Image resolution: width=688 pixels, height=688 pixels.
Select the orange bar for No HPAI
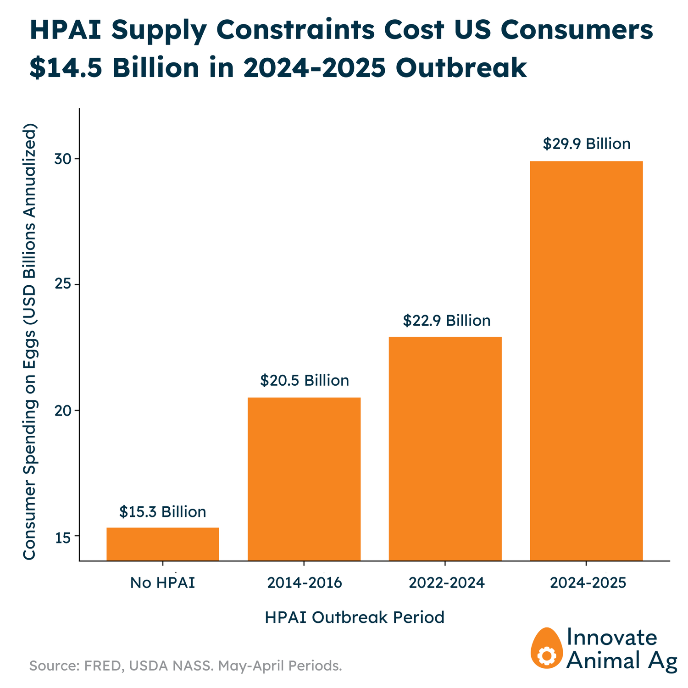click(x=163, y=544)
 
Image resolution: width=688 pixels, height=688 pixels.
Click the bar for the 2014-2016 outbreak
click(x=304, y=479)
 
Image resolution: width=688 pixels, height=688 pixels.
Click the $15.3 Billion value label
click(x=163, y=511)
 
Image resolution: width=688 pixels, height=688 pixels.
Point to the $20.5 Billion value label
click(x=305, y=380)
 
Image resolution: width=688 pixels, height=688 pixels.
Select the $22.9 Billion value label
click(x=447, y=320)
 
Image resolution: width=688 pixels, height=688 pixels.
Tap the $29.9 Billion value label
click(x=587, y=144)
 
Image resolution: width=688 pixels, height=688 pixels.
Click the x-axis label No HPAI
click(x=163, y=583)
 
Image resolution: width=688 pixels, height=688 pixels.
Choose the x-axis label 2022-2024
click(x=446, y=583)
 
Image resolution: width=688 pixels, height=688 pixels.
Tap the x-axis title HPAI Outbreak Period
click(x=355, y=617)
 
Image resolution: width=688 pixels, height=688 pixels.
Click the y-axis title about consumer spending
click(x=29, y=341)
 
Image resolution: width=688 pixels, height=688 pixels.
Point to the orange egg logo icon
click(x=546, y=648)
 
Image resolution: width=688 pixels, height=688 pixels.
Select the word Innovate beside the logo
click(x=612, y=638)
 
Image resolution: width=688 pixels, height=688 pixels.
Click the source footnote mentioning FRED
click(x=186, y=666)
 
